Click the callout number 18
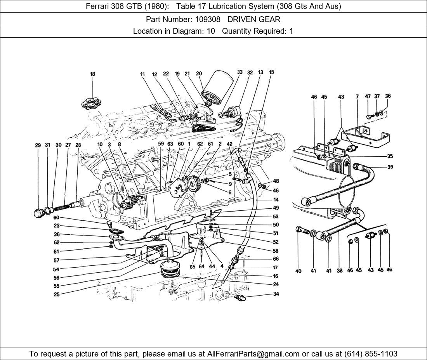[x=92, y=74]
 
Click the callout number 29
[x=38, y=145]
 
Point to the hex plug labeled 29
[x=39, y=212]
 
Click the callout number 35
[x=390, y=156]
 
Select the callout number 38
[x=340, y=271]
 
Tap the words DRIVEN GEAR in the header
[x=254, y=19]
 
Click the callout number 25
[x=57, y=294]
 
